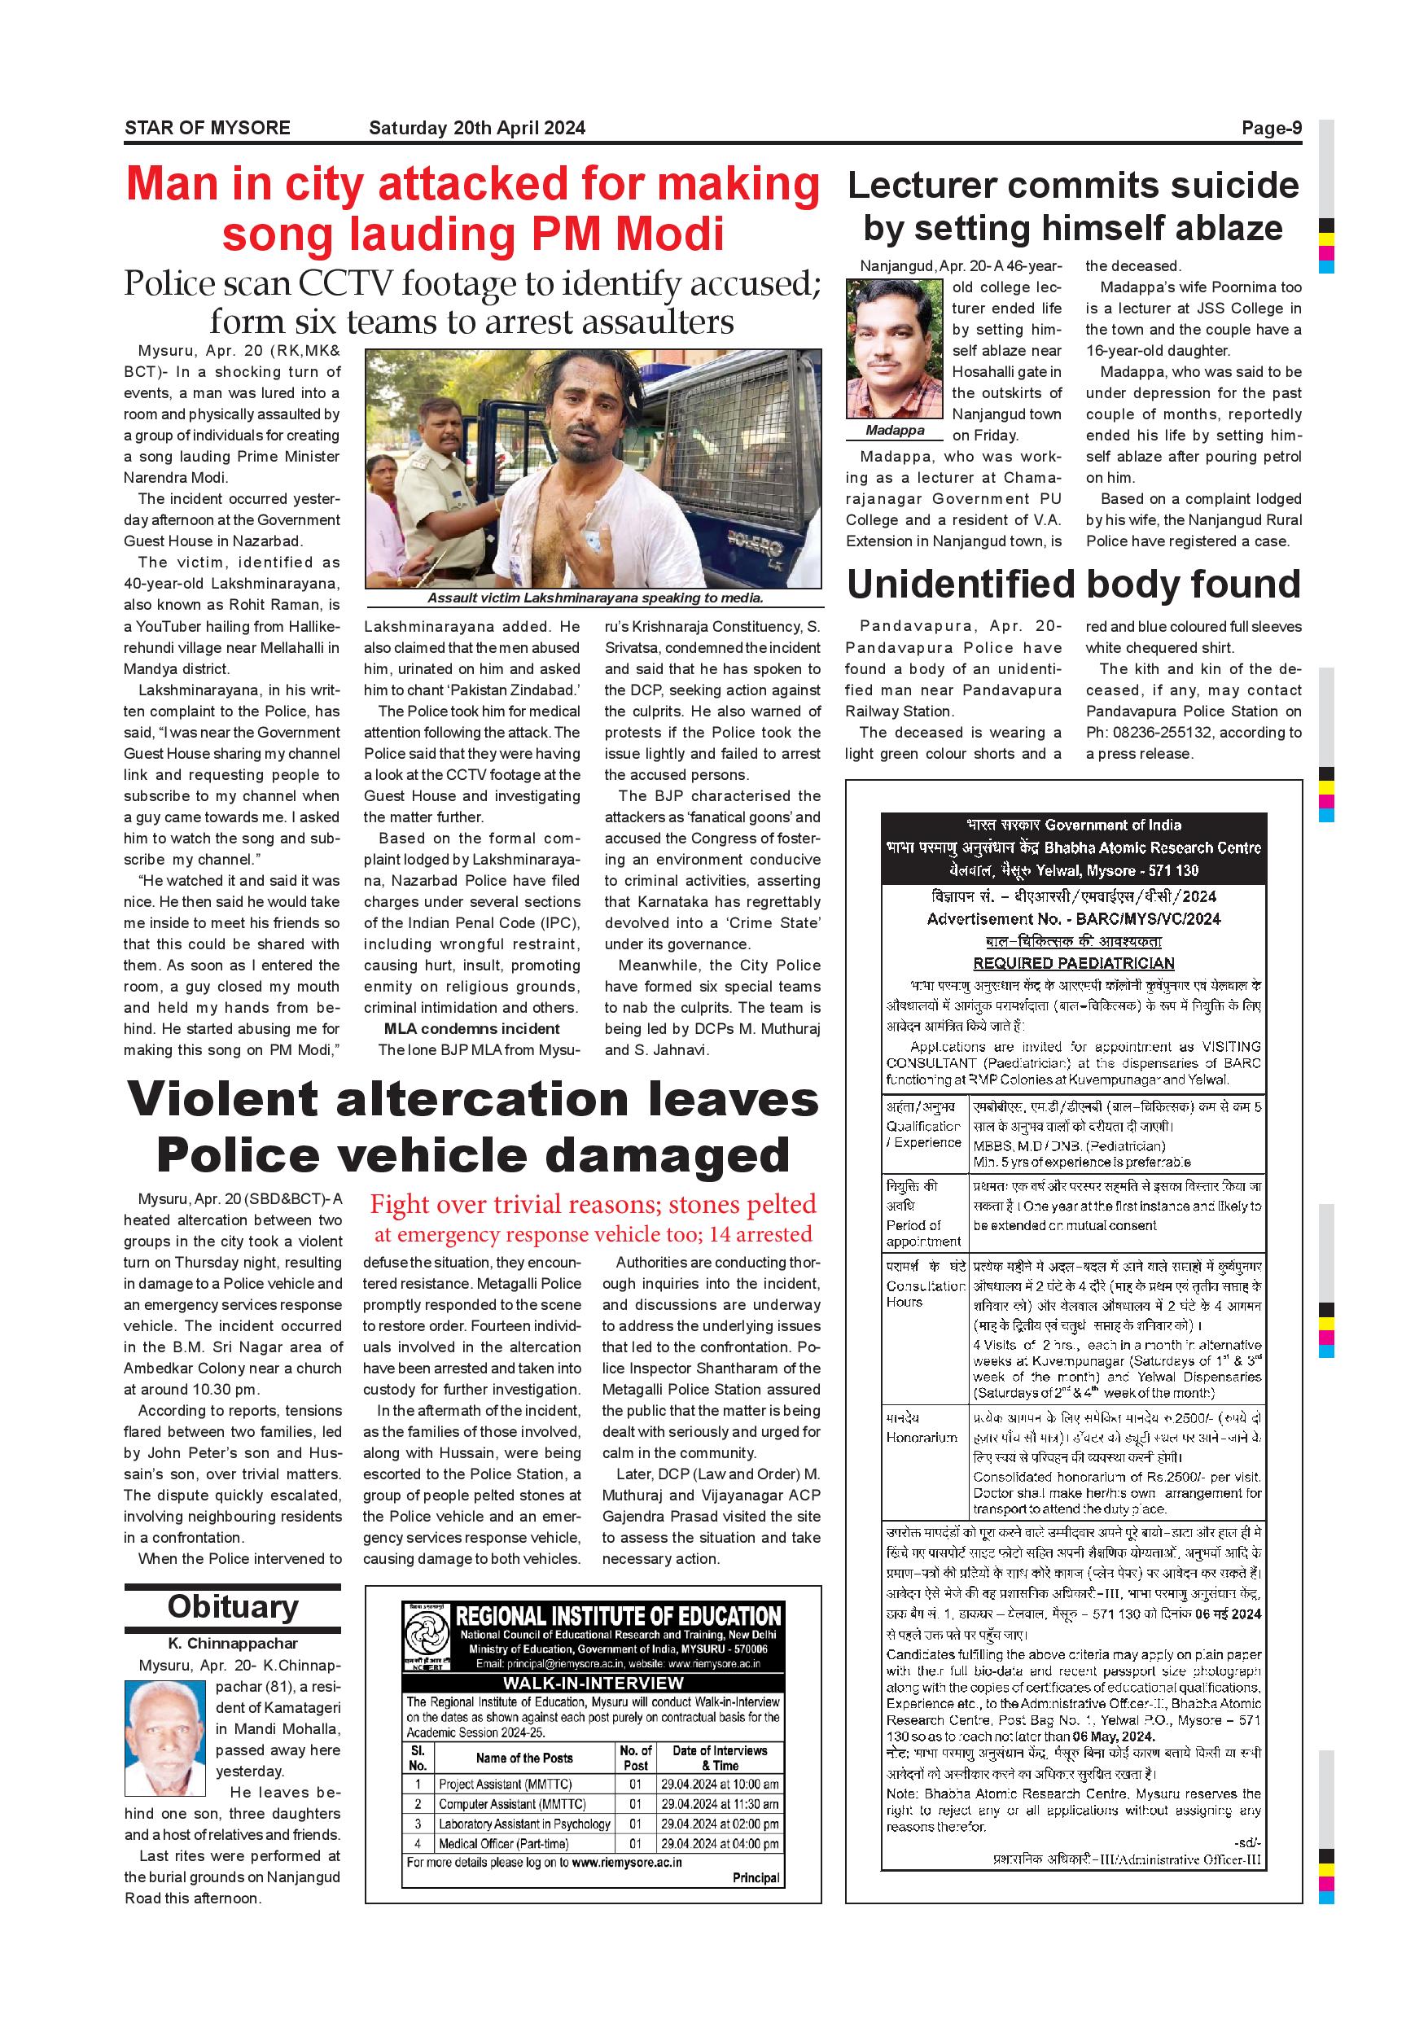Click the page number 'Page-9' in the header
(x=1271, y=129)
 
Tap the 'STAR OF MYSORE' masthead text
(x=208, y=129)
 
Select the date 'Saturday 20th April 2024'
(x=476, y=129)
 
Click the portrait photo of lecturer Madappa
(x=894, y=348)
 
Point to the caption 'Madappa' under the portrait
(x=894, y=430)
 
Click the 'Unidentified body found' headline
(x=1073, y=584)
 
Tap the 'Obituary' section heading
(x=232, y=1606)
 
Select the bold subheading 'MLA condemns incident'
(x=471, y=1029)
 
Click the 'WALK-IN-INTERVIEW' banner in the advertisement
(x=593, y=1682)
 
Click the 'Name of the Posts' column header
(x=524, y=1758)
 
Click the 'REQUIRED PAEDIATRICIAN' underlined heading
(x=1073, y=963)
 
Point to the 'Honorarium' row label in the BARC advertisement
(x=921, y=1437)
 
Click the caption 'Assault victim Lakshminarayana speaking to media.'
(x=594, y=598)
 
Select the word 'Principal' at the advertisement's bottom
(x=756, y=1877)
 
